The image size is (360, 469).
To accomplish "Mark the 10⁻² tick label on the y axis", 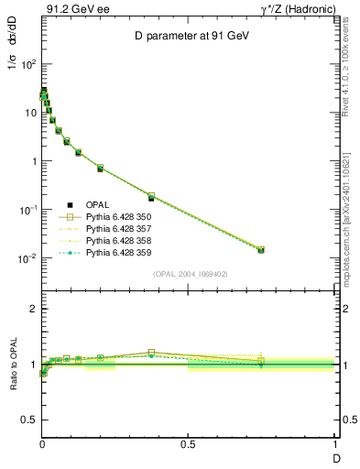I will pyautogui.click(x=27, y=258).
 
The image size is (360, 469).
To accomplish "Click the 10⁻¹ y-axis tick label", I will pyautogui.click(x=27, y=210).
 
